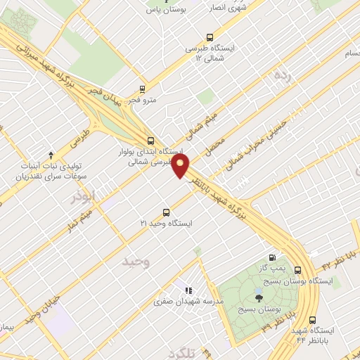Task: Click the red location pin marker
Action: click(x=181, y=166)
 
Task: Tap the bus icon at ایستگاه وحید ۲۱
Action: click(x=167, y=211)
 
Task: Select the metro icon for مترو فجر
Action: click(x=143, y=89)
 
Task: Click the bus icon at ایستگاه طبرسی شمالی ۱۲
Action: click(x=209, y=37)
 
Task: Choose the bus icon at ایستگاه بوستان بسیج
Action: click(x=298, y=269)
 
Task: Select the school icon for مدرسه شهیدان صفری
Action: click(x=188, y=290)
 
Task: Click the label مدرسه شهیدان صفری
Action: click(x=188, y=301)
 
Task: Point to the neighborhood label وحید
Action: click(x=136, y=262)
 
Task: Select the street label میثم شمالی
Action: click(x=204, y=122)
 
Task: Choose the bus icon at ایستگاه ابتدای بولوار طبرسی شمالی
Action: click(x=150, y=140)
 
